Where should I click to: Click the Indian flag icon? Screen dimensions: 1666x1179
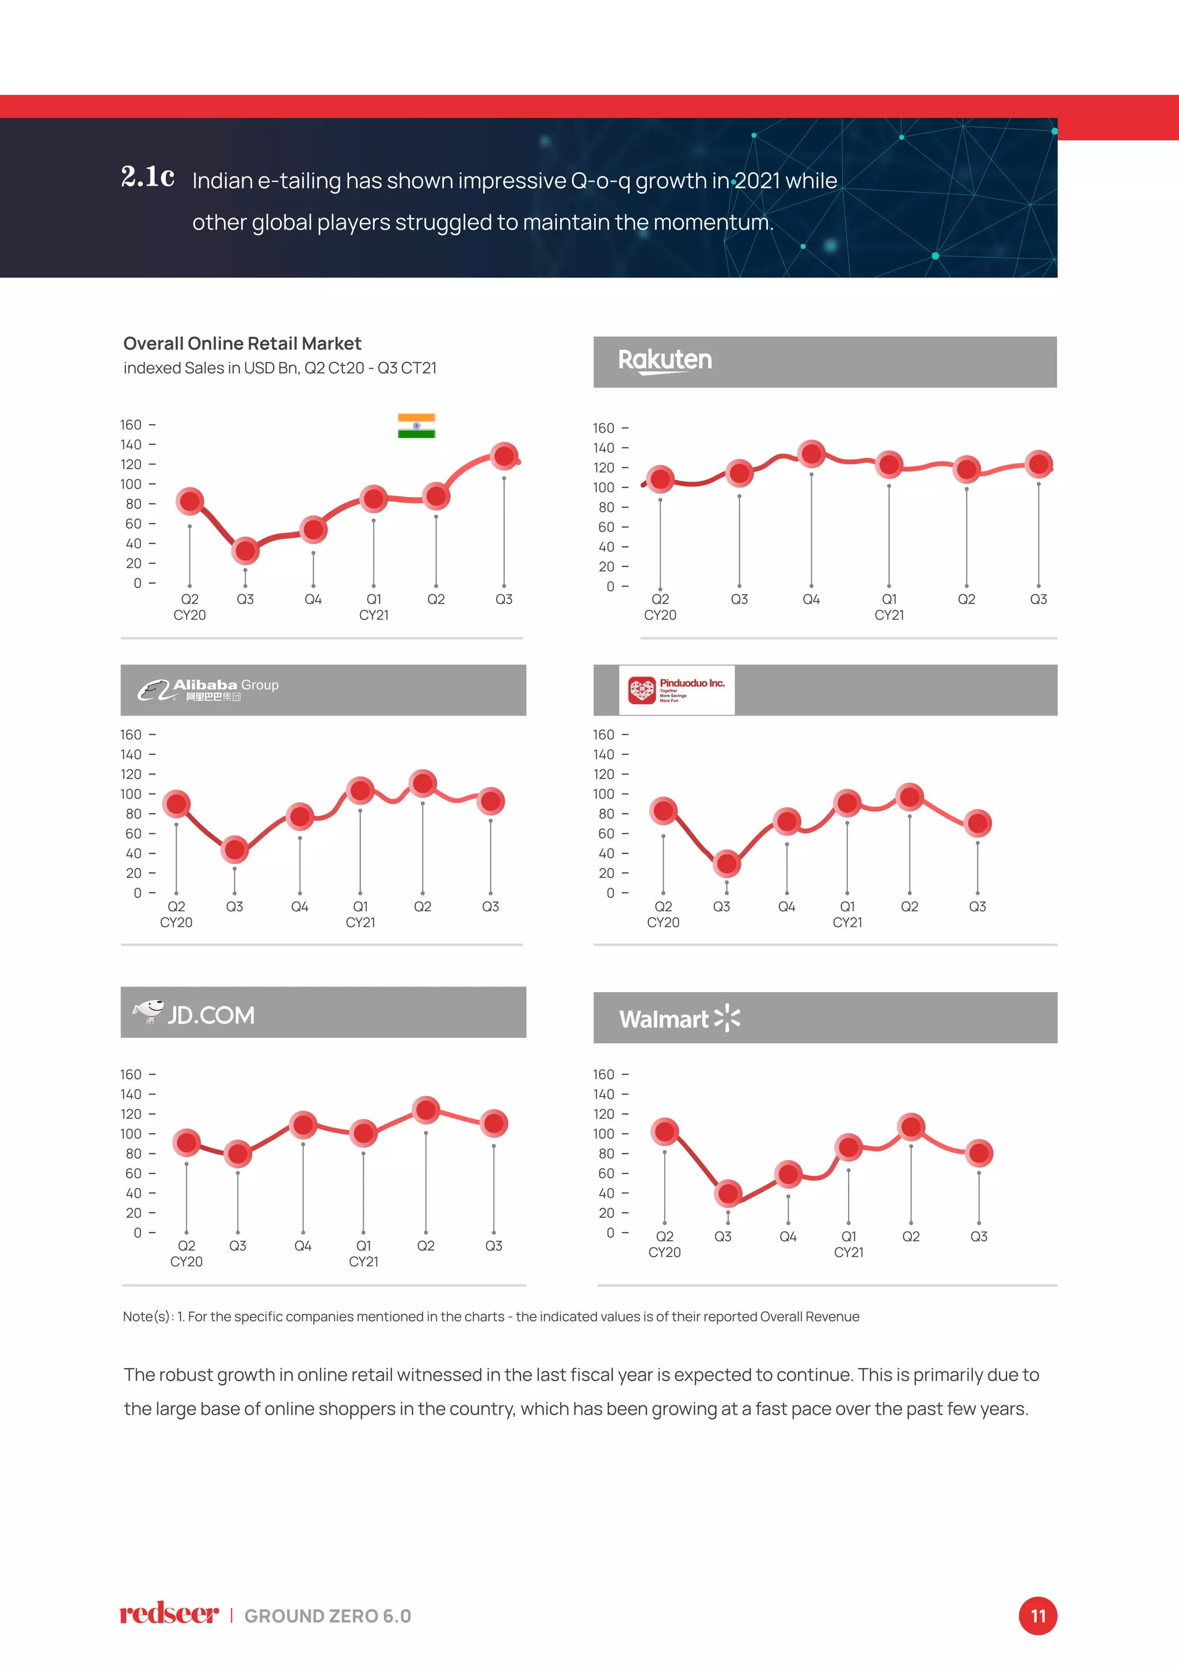click(x=416, y=426)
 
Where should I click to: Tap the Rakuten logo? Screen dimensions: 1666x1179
click(x=664, y=361)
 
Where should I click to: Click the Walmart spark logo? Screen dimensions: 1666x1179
click(x=727, y=1018)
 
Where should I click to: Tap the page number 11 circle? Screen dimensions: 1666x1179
click(x=1037, y=1616)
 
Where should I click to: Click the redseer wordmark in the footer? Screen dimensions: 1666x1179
click(x=169, y=1614)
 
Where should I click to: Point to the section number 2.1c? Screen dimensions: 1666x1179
click(x=147, y=177)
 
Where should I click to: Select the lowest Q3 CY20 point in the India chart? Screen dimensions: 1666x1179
click(x=245, y=551)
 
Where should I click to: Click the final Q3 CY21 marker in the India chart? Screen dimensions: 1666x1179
click(x=504, y=456)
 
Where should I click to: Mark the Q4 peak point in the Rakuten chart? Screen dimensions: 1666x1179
click(x=811, y=454)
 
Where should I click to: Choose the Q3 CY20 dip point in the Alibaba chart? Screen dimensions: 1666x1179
click(x=234, y=849)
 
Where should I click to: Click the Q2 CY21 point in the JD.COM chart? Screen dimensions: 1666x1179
click(x=425, y=1110)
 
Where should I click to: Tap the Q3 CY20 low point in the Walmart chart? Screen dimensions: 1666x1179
click(x=728, y=1193)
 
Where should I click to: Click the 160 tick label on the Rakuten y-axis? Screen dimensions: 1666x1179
click(x=603, y=428)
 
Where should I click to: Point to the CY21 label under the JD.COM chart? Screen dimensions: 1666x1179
click(x=363, y=1262)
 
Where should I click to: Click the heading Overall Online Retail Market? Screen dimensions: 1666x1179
click(x=242, y=343)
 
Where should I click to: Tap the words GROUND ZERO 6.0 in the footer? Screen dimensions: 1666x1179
click(x=328, y=1616)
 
